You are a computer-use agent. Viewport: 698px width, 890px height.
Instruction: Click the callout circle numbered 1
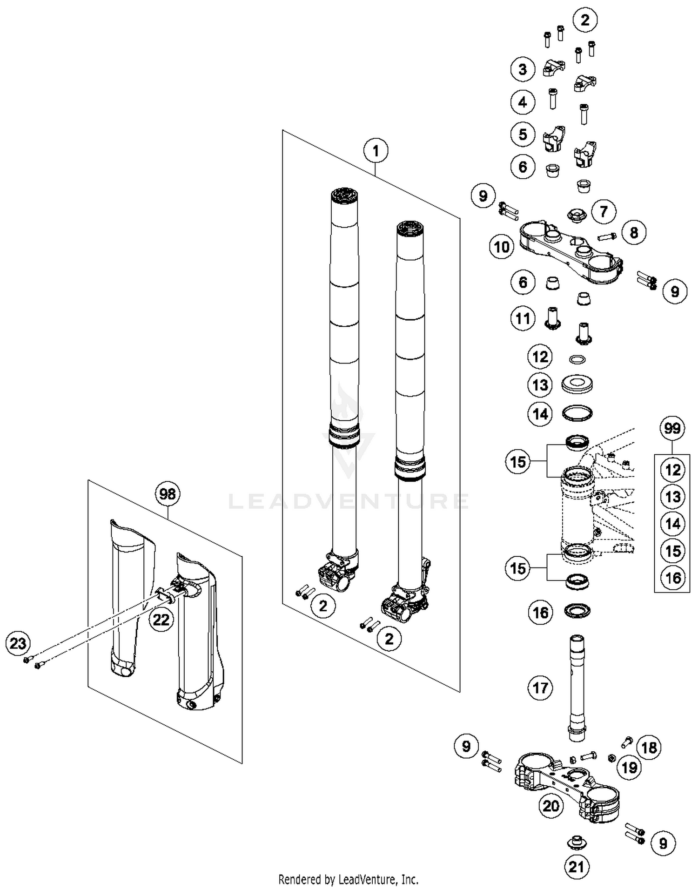376,151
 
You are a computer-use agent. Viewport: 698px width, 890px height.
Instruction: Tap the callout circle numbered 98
168,493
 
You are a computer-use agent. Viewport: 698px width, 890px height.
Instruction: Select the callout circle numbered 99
672,428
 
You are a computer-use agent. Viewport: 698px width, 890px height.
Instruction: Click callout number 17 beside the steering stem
540,688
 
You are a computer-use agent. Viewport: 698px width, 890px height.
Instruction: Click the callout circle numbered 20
551,806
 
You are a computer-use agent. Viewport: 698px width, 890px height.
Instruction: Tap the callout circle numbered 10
502,247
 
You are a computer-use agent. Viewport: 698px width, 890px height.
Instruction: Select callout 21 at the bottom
576,867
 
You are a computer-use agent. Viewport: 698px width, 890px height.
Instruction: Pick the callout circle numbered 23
18,644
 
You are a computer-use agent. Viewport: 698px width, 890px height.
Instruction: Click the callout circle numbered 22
161,620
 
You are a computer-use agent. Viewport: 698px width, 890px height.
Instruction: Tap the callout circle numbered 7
604,212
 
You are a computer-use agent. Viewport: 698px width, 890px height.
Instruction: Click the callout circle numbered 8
634,232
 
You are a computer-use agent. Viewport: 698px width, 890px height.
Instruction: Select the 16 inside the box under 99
673,578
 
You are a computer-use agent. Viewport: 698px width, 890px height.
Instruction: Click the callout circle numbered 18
649,748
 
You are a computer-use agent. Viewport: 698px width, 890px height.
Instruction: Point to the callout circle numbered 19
630,768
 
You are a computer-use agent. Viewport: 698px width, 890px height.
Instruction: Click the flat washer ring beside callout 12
577,359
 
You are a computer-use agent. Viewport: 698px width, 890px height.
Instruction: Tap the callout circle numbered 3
523,69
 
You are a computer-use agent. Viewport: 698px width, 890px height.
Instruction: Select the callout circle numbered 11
523,319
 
